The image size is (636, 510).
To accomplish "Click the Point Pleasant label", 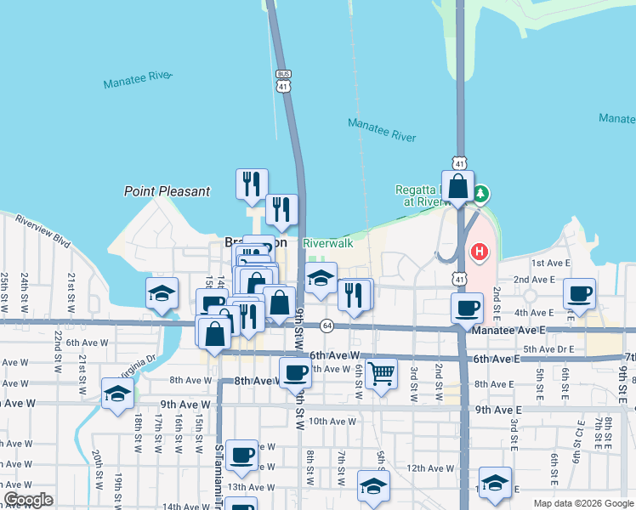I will [x=167, y=191].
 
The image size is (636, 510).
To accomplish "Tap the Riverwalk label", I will [x=327, y=243].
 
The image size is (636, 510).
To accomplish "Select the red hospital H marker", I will [x=480, y=252].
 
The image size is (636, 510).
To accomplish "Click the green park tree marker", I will [x=482, y=195].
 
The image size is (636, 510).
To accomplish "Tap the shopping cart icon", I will [x=383, y=371].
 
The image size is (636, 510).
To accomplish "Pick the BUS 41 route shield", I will [x=283, y=81].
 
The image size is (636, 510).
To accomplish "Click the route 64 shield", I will [x=327, y=326].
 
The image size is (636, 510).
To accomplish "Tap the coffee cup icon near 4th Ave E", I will [x=580, y=294].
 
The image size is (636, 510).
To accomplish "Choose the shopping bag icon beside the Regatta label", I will [x=457, y=185].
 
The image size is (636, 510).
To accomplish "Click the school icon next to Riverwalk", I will [x=320, y=279].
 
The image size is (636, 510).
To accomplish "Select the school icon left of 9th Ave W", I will [x=117, y=393].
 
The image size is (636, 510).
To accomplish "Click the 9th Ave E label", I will [x=497, y=409].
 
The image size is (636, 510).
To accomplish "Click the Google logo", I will [x=28, y=500].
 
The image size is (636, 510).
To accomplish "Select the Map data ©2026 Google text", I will [x=582, y=503].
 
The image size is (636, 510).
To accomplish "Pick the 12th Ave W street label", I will [x=430, y=467].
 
